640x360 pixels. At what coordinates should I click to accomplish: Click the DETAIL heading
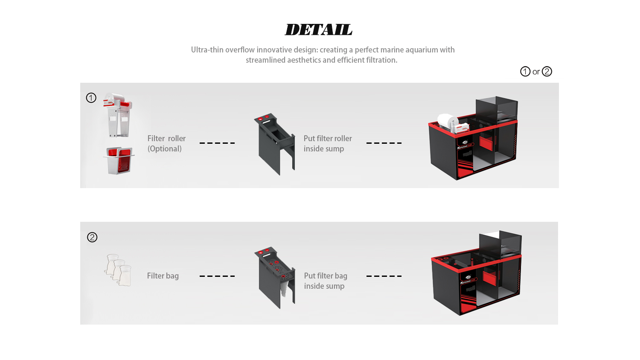point(318,30)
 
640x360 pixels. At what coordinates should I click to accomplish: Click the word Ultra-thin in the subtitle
point(207,50)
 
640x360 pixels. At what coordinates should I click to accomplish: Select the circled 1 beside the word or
point(525,72)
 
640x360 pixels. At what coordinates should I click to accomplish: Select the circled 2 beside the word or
point(547,72)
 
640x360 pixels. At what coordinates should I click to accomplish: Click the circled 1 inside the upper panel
point(91,98)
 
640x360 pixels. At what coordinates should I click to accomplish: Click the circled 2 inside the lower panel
point(92,237)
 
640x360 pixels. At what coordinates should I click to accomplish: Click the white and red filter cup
point(119,160)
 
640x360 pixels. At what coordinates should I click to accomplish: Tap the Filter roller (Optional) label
point(166,143)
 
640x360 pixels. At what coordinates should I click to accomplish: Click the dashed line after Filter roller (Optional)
point(217,143)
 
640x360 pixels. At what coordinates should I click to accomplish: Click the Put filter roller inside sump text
point(327,143)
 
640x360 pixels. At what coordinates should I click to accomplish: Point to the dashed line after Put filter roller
point(384,143)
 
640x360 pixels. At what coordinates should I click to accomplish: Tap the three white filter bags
point(118,270)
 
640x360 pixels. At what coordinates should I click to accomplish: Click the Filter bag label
point(163,276)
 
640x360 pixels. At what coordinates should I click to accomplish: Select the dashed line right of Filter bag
point(217,276)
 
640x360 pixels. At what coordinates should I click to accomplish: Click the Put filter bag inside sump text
point(325,281)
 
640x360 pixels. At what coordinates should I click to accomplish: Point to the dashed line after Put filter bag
point(384,276)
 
